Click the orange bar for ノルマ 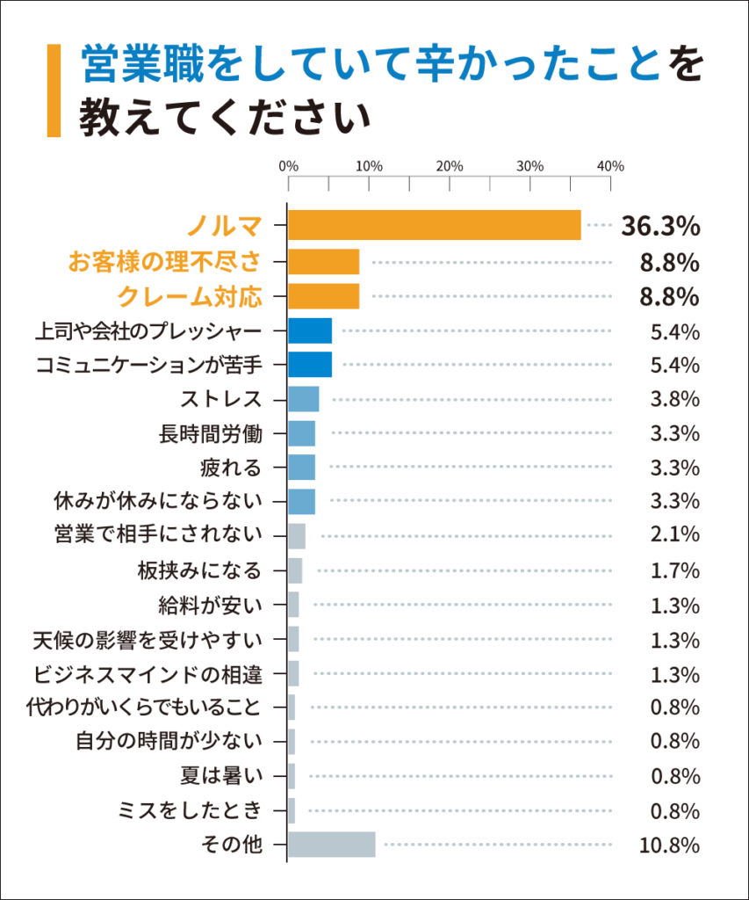coord(435,225)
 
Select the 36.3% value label coord(659,226)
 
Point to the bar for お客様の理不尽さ coord(324,262)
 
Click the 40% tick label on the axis coord(610,165)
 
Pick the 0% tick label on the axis coord(287,165)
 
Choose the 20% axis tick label coord(449,165)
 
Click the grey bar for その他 coord(332,844)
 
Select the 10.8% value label coord(668,846)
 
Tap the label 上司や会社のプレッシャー coord(148,331)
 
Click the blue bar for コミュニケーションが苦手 coord(310,364)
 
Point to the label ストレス coord(221,398)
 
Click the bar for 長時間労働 coord(301,433)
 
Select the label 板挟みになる coord(199,570)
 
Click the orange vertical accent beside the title coord(54,91)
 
